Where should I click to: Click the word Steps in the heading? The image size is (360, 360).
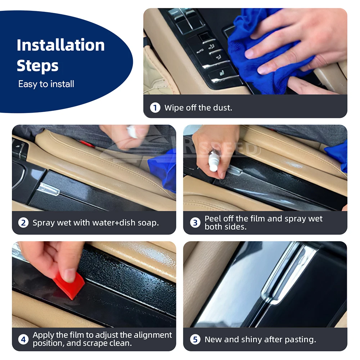(37, 66)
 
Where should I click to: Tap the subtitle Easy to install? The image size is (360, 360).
(46, 84)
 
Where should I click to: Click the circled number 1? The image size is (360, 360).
(155, 107)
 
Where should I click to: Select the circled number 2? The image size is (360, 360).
(23, 223)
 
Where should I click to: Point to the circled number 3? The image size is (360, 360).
(195, 222)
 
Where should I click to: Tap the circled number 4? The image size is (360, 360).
(23, 339)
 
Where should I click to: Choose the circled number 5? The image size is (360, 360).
(195, 339)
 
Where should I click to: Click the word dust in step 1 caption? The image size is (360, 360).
(222, 108)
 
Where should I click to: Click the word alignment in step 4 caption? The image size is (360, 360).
(153, 335)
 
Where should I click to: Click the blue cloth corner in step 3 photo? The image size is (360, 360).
(338, 156)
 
